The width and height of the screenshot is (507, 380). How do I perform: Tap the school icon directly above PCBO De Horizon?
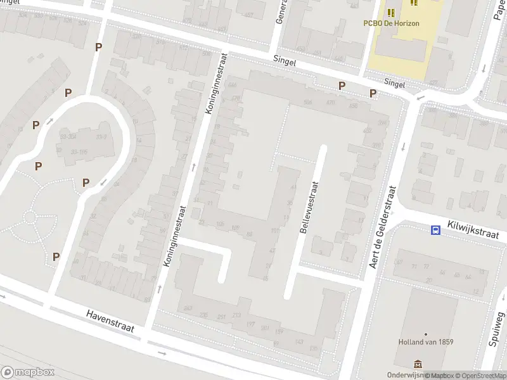[390, 11]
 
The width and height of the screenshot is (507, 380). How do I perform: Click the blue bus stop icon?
[436, 231]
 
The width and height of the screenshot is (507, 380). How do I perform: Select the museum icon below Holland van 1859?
[418, 364]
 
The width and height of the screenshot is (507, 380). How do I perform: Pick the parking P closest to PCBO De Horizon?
[373, 94]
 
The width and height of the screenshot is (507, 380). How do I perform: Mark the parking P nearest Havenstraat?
[56, 256]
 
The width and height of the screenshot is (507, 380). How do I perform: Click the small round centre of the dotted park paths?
[30, 217]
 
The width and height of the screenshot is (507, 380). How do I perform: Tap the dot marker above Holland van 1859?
[425, 334]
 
